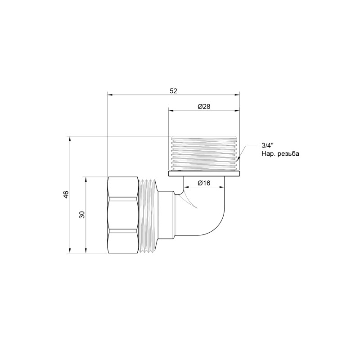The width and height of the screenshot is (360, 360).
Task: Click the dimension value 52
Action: pyautogui.click(x=173, y=91)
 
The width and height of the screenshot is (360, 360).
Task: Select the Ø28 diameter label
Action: pyautogui.click(x=204, y=107)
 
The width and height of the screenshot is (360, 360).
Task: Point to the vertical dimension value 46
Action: pyautogui.click(x=66, y=194)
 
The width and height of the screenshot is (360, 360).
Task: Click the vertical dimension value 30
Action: pyautogui.click(x=82, y=215)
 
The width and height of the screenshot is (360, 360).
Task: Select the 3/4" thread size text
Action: pyautogui.click(x=266, y=146)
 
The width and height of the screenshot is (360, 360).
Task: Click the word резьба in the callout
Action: pyautogui.click(x=288, y=154)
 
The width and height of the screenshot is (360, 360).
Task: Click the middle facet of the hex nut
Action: pyautogui.click(x=122, y=215)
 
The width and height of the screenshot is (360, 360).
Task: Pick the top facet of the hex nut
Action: pyautogui.click(x=122, y=188)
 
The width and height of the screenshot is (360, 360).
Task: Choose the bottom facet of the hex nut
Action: pyautogui.click(x=122, y=242)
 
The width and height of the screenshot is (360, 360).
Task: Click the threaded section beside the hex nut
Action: pyautogui.click(x=147, y=215)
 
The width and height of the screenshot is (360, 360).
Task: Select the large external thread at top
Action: pyautogui.click(x=204, y=153)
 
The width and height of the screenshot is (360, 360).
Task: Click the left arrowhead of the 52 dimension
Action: pyautogui.click(x=110, y=94)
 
